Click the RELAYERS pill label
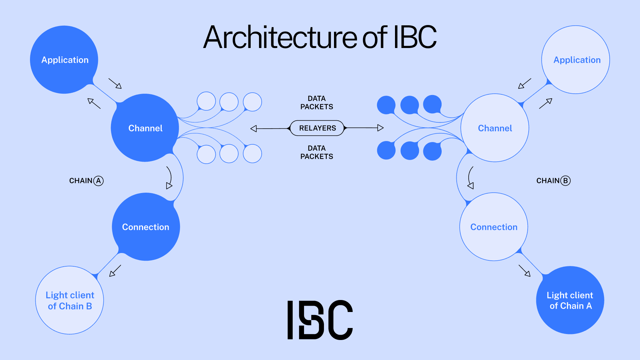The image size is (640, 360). click(317, 128)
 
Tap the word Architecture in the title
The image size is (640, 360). click(280, 37)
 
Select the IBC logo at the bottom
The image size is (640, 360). click(320, 320)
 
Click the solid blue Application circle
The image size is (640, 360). click(64, 60)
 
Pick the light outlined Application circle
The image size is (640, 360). click(576, 60)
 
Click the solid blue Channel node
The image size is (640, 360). click(145, 128)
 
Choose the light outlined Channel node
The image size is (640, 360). click(495, 128)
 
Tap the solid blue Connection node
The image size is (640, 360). click(146, 227)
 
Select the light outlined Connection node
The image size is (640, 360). click(494, 227)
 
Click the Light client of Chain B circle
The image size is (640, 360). click(70, 300)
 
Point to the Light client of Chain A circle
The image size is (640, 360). click(570, 300)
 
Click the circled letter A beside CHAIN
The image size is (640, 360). click(98, 181)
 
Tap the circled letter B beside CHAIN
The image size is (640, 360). click(565, 181)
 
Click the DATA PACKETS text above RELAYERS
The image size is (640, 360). click(317, 103)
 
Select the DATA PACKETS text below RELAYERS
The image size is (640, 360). click(317, 152)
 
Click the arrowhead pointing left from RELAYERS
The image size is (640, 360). click(254, 128)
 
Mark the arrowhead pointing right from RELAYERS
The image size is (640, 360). click(380, 128)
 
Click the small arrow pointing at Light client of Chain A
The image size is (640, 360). click(525, 271)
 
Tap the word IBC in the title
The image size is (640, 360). click(415, 37)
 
